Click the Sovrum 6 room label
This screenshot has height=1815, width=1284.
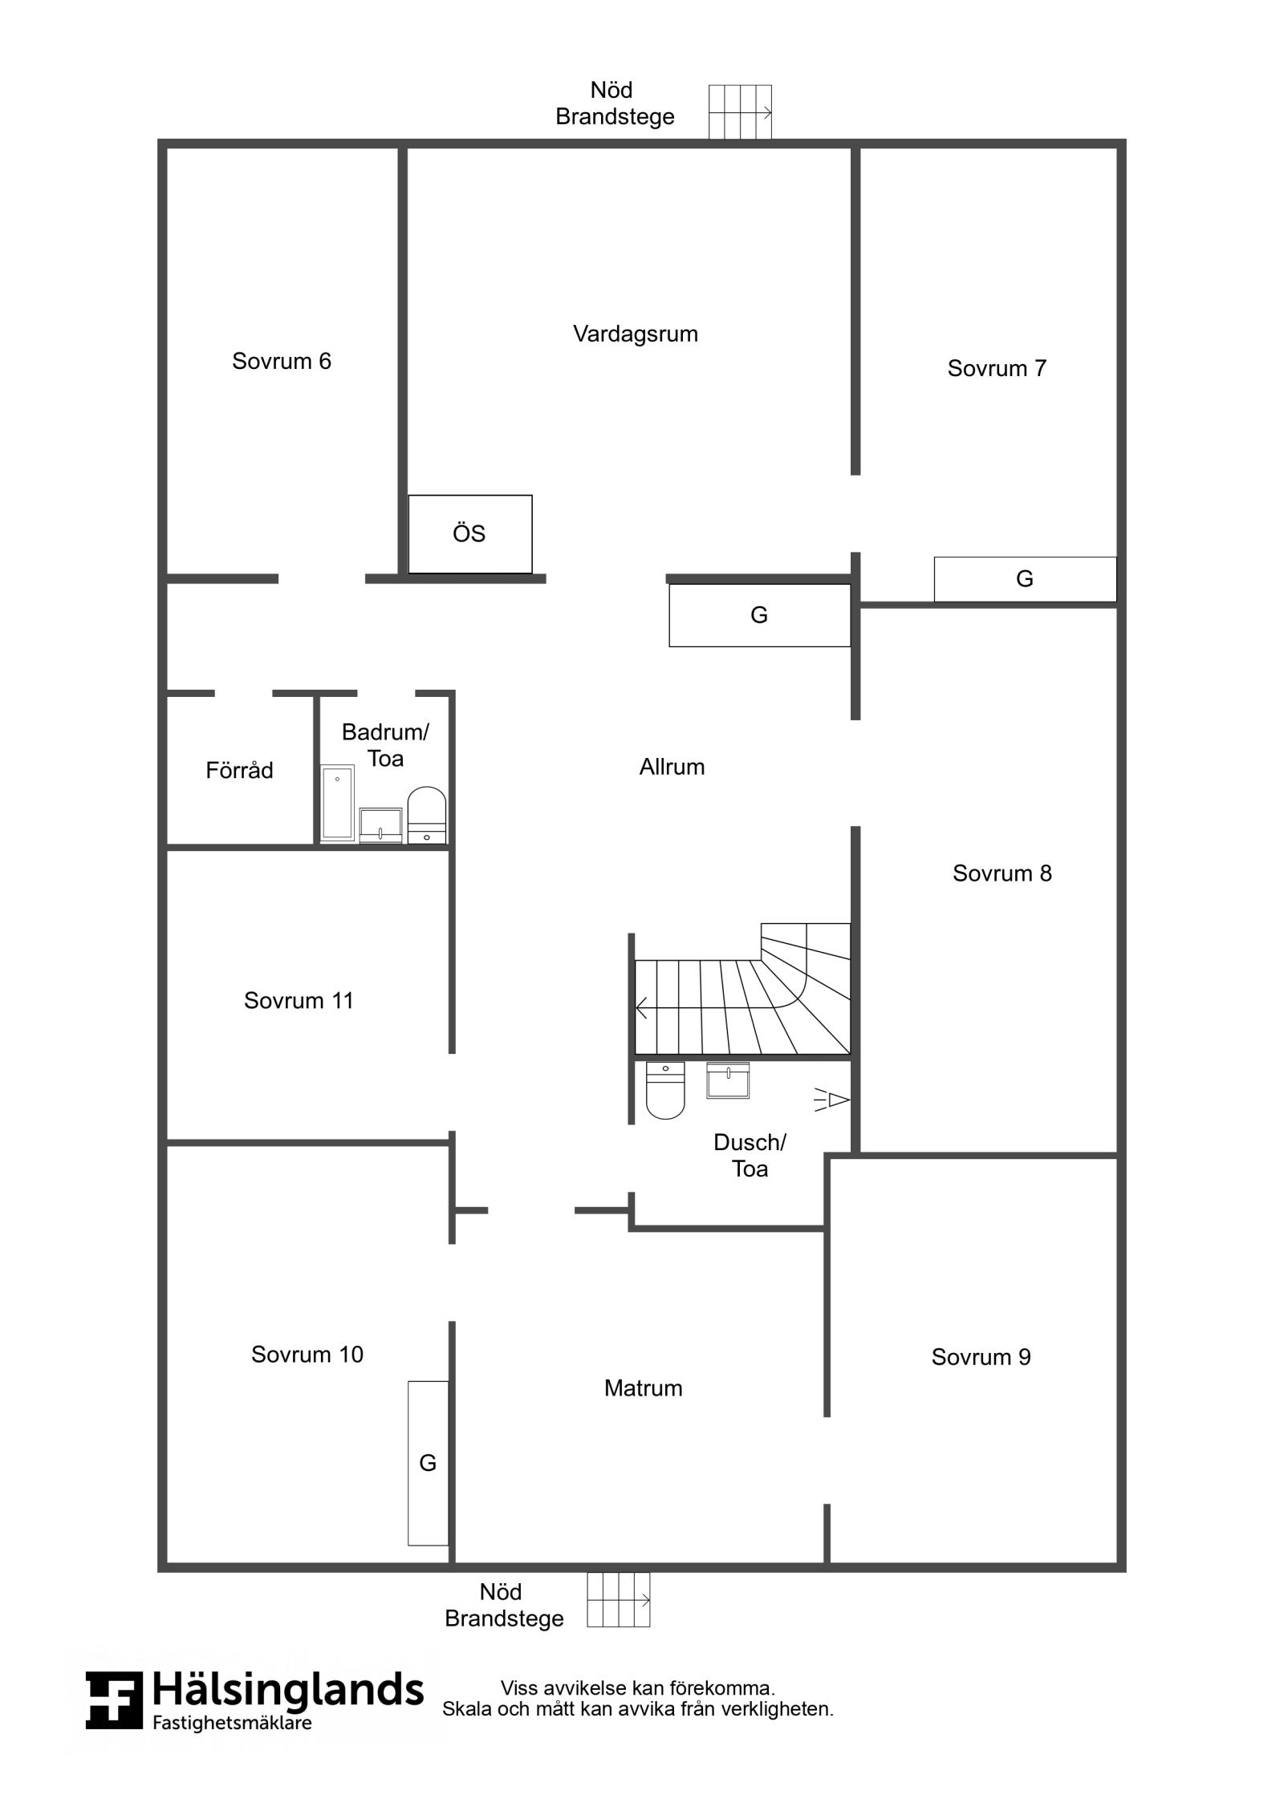click(x=281, y=361)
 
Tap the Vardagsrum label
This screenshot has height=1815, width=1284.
click(x=635, y=334)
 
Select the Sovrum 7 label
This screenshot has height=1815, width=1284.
click(x=997, y=368)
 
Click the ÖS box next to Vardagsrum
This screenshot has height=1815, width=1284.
click(x=470, y=534)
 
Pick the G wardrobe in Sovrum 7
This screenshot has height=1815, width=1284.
click(x=1025, y=579)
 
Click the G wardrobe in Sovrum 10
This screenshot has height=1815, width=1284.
click(x=429, y=1463)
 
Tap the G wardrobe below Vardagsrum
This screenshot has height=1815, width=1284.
click(x=759, y=615)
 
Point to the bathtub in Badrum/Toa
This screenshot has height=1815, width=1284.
click(x=338, y=803)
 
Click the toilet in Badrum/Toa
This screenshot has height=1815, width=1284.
click(x=427, y=815)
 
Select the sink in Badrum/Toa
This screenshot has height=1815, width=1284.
click(x=380, y=825)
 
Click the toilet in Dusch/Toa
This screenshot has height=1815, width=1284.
click(x=665, y=1091)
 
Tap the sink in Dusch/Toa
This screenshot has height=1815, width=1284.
click(x=728, y=1080)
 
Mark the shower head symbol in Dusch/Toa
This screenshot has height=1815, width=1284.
click(x=832, y=1100)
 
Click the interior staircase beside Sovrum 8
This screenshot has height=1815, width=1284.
click(x=742, y=991)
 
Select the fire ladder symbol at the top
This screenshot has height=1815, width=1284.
click(x=740, y=112)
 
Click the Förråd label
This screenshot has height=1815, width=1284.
click(x=239, y=770)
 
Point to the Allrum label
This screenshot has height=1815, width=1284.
click(x=672, y=767)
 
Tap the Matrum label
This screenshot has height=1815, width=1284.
click(x=643, y=1410)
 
